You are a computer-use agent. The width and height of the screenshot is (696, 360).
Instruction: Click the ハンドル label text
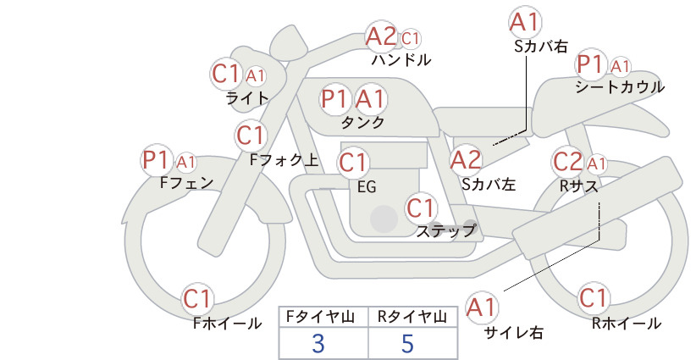point(401,60)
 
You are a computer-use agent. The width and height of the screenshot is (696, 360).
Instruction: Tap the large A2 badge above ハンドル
point(381,36)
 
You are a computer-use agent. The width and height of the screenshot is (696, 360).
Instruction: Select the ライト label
point(247,97)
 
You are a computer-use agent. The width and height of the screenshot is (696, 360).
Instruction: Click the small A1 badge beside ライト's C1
point(255,75)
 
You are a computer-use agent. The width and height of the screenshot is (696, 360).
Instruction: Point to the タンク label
point(362,122)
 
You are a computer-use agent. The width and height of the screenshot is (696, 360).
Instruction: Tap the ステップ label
point(445,230)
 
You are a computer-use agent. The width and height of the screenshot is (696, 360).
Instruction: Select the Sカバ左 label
point(489,182)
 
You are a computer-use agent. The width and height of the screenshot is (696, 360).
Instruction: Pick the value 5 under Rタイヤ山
point(407,343)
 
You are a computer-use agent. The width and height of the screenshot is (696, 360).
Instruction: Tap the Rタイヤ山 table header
point(411,316)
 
